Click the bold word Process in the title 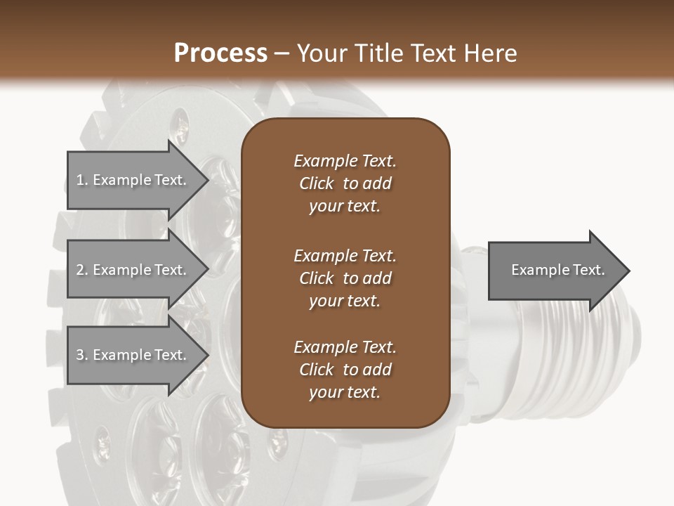point(220,53)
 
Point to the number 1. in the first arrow point(82,181)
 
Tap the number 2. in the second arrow point(82,271)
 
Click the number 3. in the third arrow point(82,356)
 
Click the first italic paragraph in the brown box point(345,183)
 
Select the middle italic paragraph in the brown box point(345,278)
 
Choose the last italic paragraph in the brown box point(345,370)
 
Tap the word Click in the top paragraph point(317,183)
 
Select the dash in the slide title point(282,53)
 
